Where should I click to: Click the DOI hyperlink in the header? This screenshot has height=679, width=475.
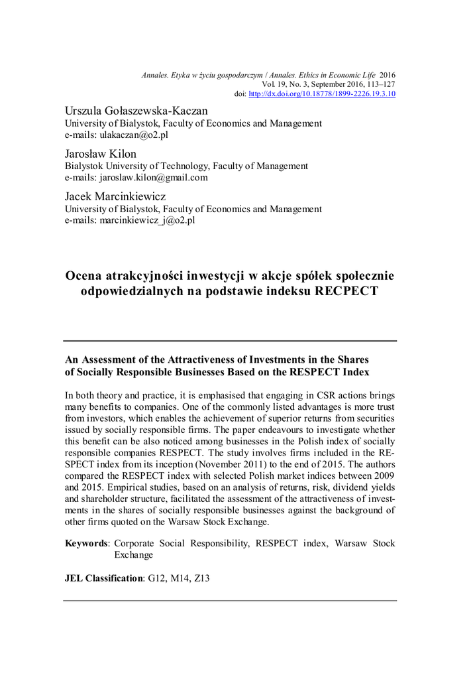click(x=321, y=94)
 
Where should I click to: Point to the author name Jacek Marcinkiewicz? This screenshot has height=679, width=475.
click(x=115, y=197)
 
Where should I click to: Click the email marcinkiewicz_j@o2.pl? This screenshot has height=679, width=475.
click(x=147, y=221)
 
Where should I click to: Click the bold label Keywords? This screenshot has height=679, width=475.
click(x=87, y=543)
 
